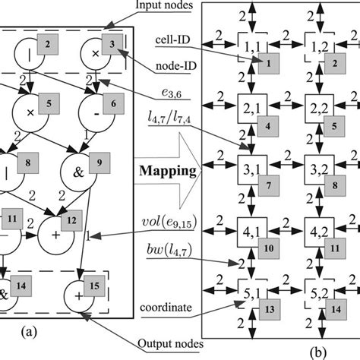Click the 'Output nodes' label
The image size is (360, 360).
pos(172,343)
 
